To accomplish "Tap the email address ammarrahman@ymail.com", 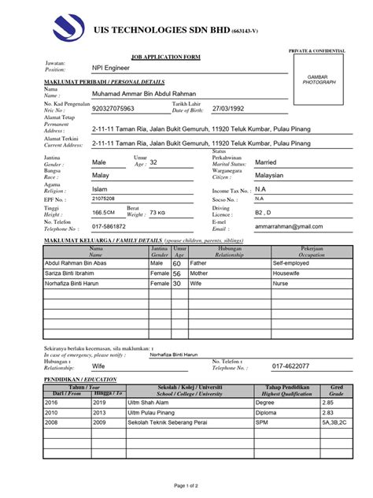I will pyautogui.click(x=288, y=226).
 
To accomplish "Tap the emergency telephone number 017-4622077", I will pyautogui.click(x=291, y=366).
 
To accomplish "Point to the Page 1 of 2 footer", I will pyautogui.click(x=186, y=486).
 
